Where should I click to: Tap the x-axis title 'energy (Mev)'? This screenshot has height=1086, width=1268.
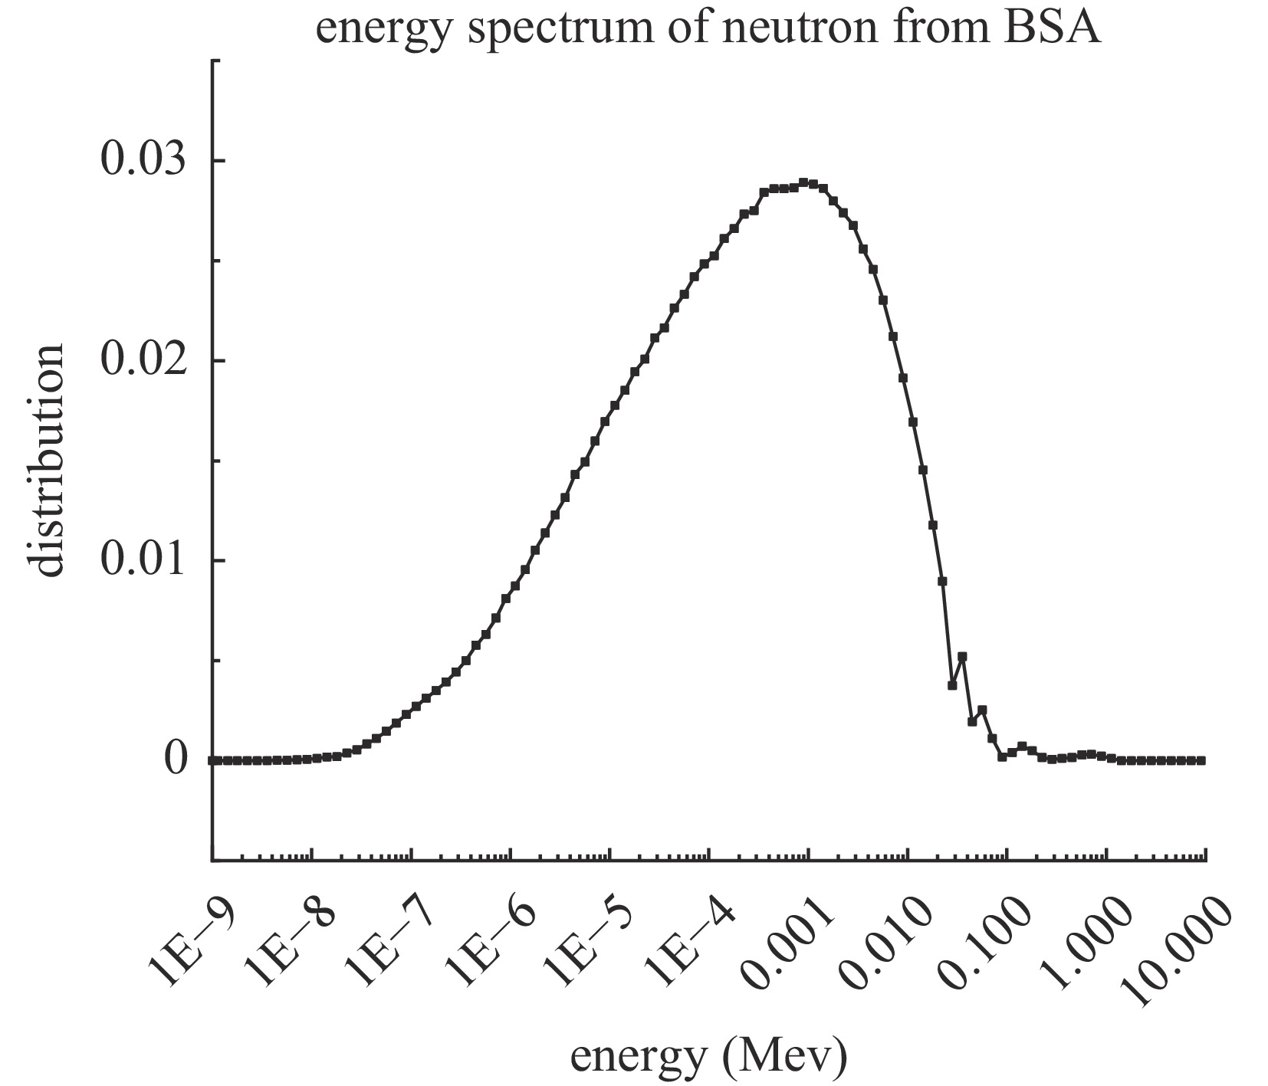(x=708, y=1057)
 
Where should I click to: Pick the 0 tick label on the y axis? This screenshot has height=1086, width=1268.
(x=176, y=760)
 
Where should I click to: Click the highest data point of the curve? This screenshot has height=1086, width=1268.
(x=803, y=182)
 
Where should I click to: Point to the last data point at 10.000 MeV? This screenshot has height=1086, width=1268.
(x=1201, y=760)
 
